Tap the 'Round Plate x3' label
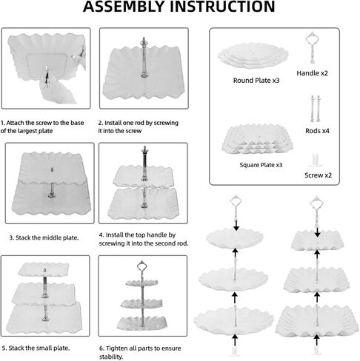click(256, 81)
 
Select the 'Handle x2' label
click(312, 73)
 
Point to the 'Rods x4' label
click(317, 131)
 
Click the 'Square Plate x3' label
click(261, 165)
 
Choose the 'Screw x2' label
click(318, 175)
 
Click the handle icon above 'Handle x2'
click(313, 47)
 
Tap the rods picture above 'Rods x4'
click(316, 109)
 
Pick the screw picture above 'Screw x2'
click(316, 161)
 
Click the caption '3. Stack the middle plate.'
click(44, 237)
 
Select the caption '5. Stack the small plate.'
click(36, 348)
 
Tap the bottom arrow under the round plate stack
click(235, 340)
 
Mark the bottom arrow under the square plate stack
click(317, 340)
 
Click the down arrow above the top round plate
click(236, 226)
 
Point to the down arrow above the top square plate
click(317, 232)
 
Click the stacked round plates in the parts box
click(253, 56)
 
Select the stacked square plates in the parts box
click(257, 139)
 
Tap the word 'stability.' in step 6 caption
click(111, 357)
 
